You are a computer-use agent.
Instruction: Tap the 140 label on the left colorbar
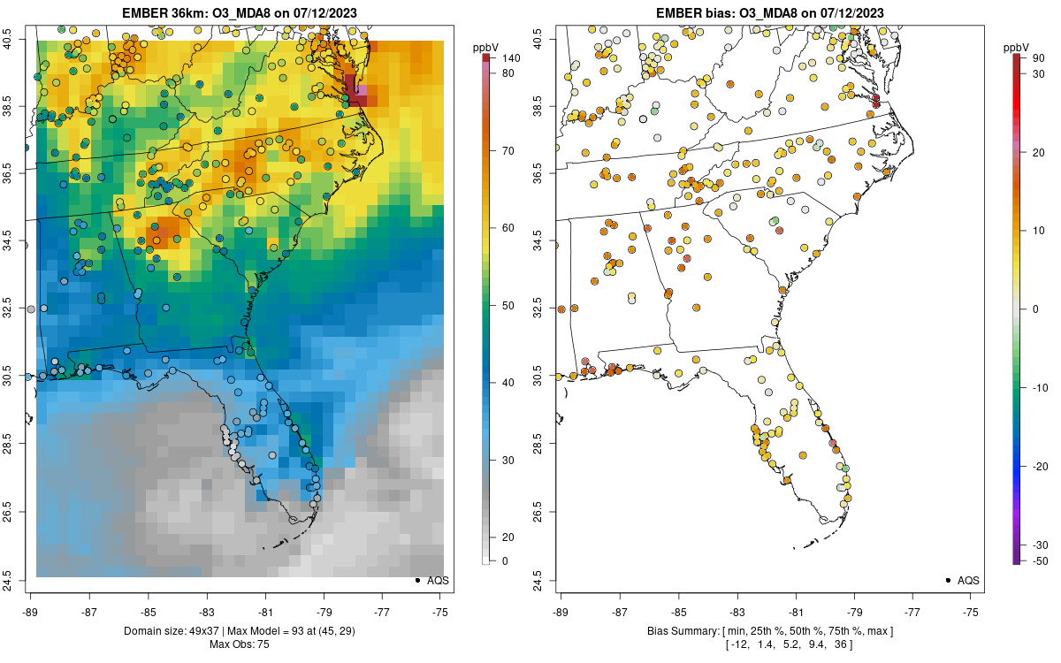(509, 58)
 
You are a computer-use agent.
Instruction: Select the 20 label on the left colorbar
(509, 537)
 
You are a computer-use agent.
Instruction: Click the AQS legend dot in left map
(417, 580)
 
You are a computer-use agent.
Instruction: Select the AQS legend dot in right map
(948, 580)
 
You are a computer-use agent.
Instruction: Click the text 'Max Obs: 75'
(239, 644)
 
